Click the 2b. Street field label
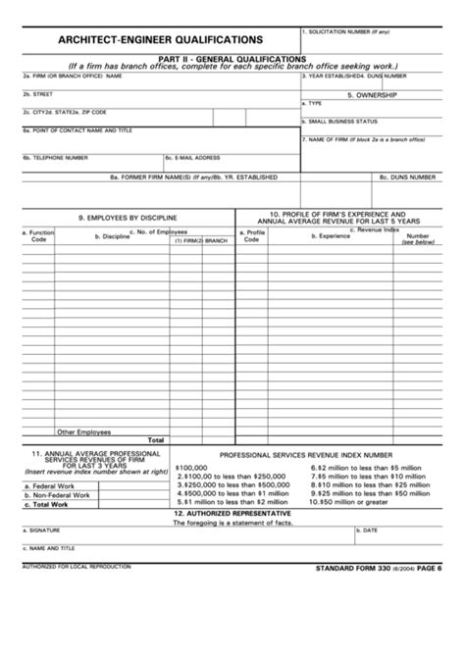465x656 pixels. [38, 94]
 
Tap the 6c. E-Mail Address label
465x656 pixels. [192, 157]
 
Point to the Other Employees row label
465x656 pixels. [83, 431]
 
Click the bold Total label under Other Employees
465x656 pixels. [155, 440]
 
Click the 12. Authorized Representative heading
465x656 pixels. [232, 513]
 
